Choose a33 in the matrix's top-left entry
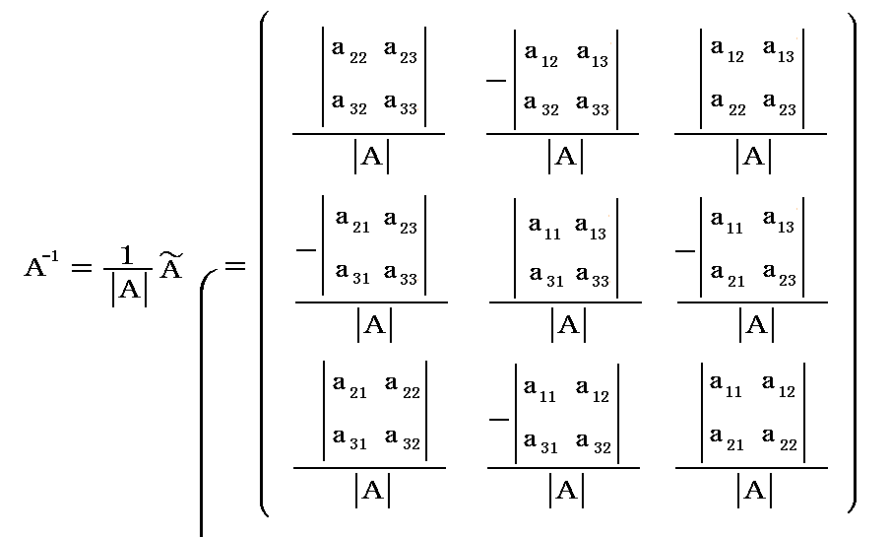(401, 102)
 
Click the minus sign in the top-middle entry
(497, 79)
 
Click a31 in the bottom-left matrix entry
(350, 442)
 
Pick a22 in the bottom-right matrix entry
(783, 442)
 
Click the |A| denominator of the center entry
(567, 324)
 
